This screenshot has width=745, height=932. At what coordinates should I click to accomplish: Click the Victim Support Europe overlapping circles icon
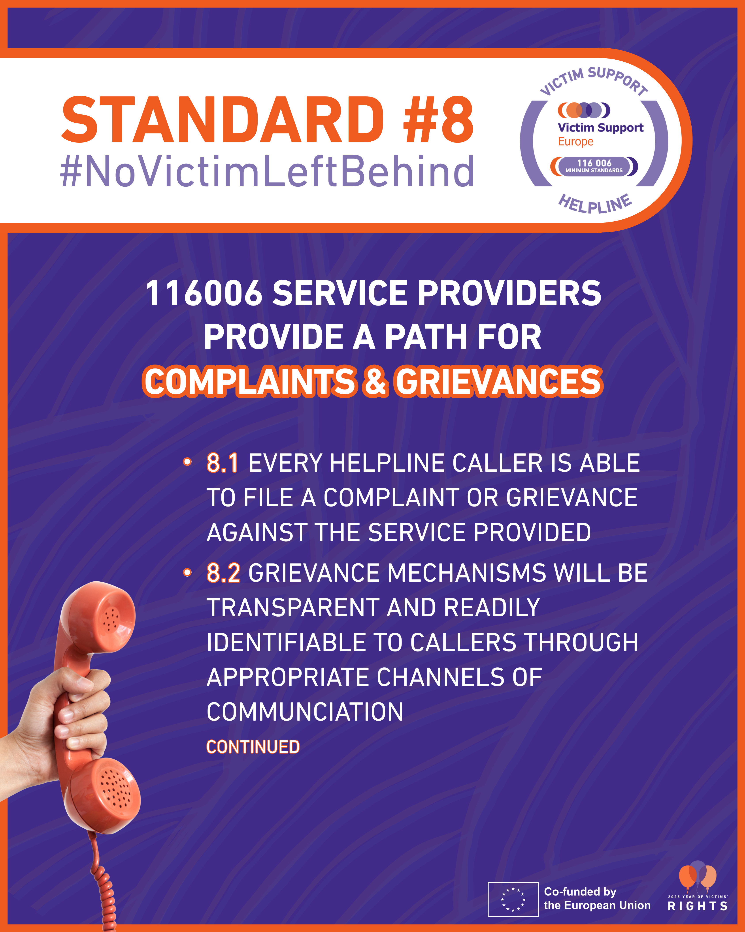pyautogui.click(x=584, y=110)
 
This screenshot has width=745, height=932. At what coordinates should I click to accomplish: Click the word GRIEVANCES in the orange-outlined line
pyautogui.click(x=499, y=381)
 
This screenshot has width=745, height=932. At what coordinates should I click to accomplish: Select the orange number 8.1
pyautogui.click(x=223, y=463)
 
